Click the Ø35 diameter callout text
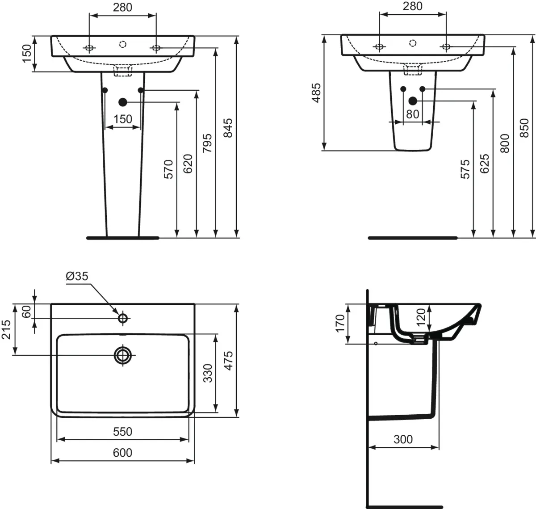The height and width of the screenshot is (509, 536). [77, 277]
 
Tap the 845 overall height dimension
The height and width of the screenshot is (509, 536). [228, 128]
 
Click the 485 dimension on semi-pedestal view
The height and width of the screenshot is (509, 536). [316, 93]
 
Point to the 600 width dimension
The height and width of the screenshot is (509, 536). [122, 453]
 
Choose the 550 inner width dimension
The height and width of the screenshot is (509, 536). [122, 431]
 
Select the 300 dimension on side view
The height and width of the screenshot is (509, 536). [403, 439]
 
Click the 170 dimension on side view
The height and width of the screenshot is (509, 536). [340, 324]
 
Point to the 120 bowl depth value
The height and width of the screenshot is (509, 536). [421, 318]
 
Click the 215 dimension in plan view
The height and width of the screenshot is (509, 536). [7, 329]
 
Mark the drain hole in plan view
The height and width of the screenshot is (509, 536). [123, 355]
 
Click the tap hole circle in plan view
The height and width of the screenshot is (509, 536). [123, 318]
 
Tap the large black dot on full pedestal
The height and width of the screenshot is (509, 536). [123, 102]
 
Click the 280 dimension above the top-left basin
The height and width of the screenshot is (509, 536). [122, 8]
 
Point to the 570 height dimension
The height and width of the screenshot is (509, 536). [168, 169]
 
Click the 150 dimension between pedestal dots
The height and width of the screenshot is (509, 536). [122, 119]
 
